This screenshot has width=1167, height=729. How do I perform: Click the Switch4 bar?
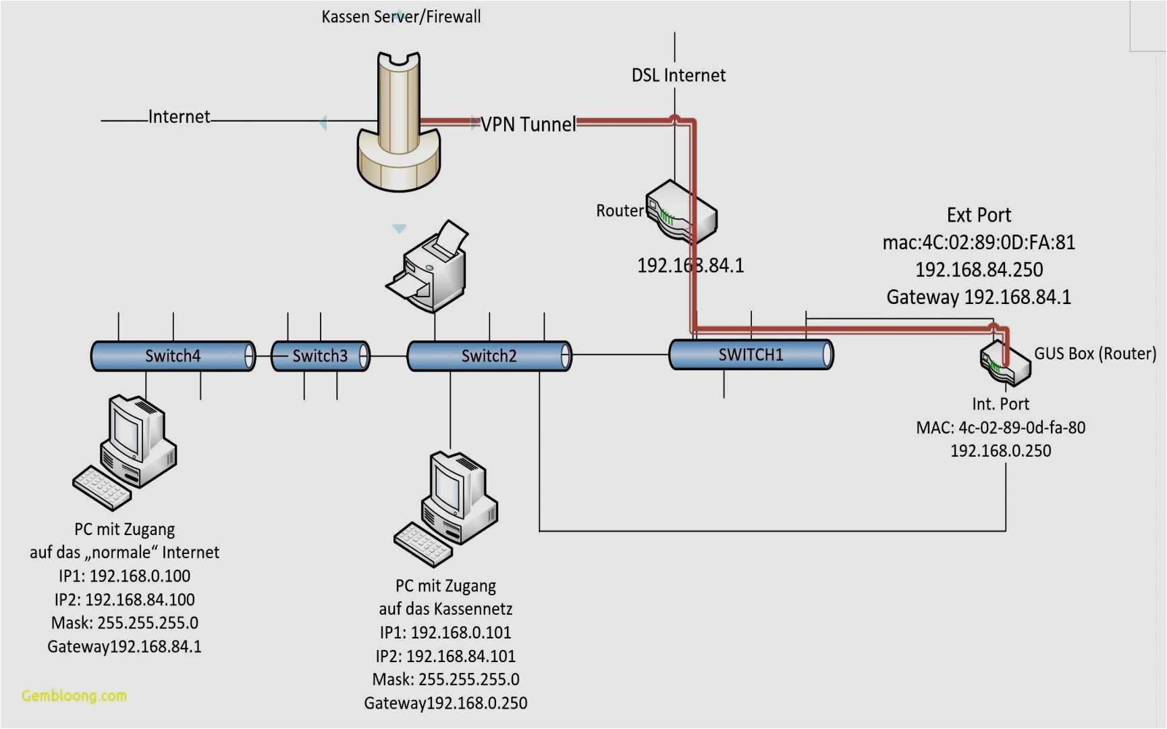173,356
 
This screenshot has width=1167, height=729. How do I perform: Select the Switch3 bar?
320,356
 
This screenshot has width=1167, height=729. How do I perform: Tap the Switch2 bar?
489,356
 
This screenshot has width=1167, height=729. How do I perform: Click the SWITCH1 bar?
751,355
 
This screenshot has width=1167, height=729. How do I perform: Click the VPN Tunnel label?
528,124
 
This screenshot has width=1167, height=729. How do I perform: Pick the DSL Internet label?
678,75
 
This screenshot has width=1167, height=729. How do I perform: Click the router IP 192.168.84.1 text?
690,266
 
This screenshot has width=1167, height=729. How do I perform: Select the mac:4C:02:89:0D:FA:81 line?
979,243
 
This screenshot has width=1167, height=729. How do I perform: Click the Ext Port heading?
979,215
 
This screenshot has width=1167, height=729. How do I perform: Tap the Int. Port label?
1000,404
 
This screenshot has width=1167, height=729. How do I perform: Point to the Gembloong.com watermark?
74,695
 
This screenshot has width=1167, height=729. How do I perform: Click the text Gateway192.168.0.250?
445,703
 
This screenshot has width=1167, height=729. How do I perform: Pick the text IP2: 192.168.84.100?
124,599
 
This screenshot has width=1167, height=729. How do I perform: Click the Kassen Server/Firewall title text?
401,16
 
